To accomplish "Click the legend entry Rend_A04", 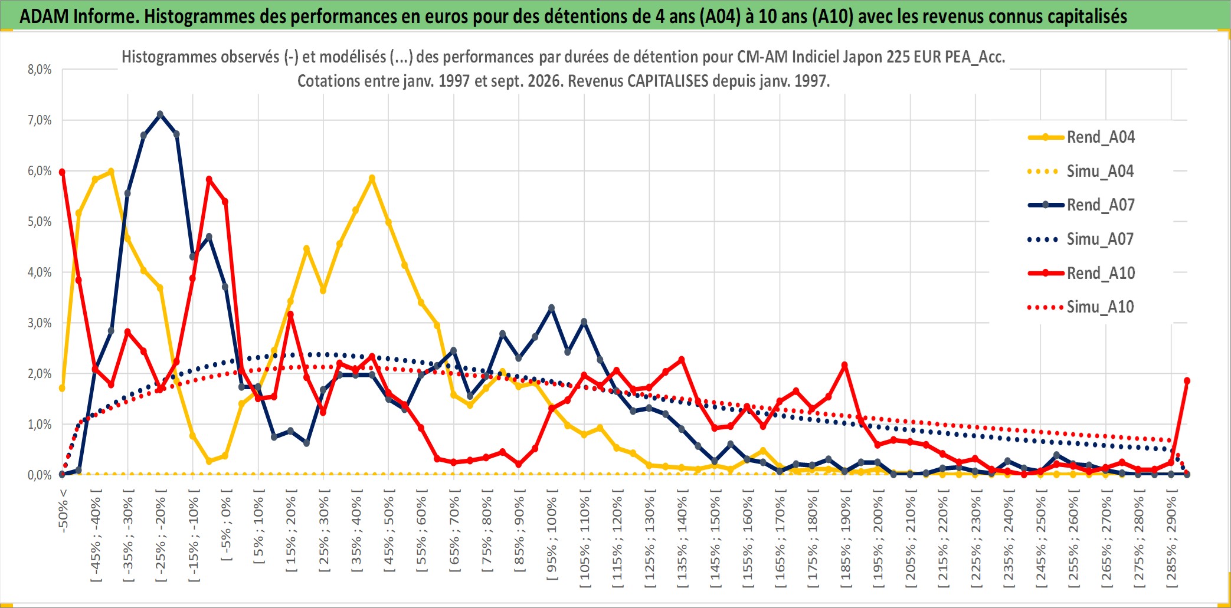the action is pos(1081,137).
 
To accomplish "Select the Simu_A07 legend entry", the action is pos(1081,239).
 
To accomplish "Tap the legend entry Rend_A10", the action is pos(1081,274).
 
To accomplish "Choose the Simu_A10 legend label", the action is pos(1081,307).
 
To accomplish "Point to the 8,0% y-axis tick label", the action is pos(40,70).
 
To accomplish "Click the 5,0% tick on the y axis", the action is pos(40,222).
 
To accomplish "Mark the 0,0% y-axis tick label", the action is pos(40,475).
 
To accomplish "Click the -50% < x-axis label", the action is pos(63,511).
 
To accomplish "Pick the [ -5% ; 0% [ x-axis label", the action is pos(226,525).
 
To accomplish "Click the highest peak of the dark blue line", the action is pos(160,114).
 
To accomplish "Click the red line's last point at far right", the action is pos(1187,381).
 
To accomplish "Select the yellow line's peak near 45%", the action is pos(372,178).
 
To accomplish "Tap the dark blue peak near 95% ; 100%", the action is pos(552,308).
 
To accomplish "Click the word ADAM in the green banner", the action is pos(44,16).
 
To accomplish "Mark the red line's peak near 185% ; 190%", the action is pos(844,365).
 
